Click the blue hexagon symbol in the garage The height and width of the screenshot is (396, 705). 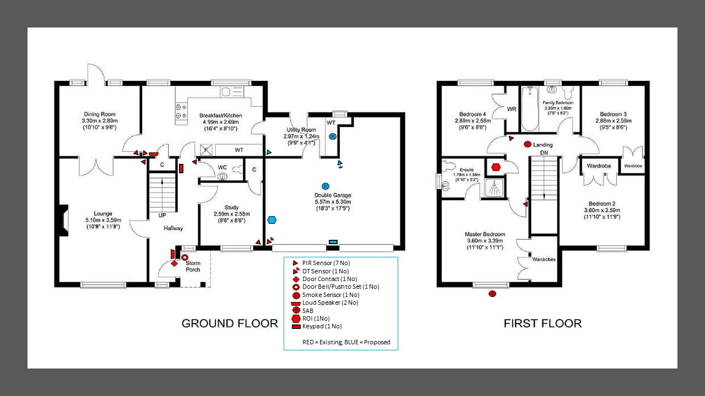272,221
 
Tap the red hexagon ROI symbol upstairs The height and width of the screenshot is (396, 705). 495,167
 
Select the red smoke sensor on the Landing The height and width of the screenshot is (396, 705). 527,144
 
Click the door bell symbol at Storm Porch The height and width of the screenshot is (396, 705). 185,257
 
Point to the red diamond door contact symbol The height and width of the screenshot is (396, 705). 175,263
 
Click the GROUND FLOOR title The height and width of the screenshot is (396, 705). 230,323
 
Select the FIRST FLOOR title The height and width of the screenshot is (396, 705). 543,323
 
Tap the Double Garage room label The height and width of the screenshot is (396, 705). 333,195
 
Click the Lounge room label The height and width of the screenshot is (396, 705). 103,213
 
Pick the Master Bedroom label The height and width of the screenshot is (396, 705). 485,234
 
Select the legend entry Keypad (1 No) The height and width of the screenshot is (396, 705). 322,327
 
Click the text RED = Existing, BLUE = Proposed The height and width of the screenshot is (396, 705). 346,342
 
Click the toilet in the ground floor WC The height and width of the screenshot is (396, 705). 223,176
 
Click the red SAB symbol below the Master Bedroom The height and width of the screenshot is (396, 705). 492,294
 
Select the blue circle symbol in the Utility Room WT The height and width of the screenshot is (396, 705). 332,136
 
